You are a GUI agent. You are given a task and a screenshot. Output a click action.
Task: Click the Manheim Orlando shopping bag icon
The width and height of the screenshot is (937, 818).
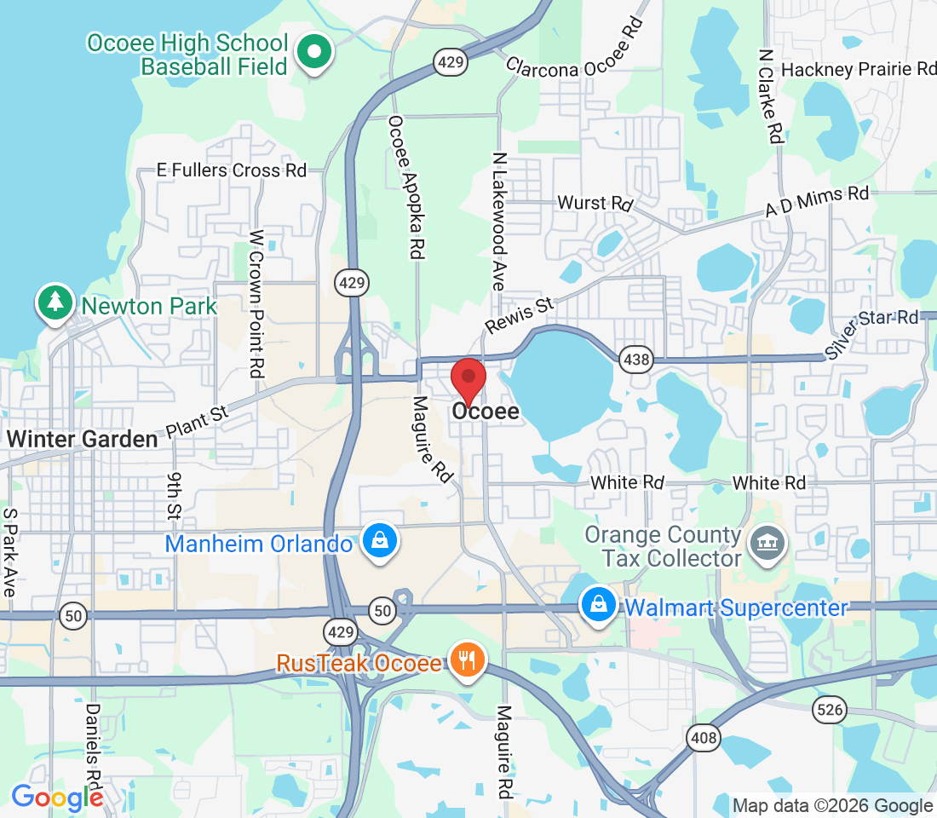(377, 542)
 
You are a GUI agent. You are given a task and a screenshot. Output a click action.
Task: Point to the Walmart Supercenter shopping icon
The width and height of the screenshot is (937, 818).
(599, 606)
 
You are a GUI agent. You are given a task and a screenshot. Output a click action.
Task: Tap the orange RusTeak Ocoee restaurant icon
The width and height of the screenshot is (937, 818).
(466, 661)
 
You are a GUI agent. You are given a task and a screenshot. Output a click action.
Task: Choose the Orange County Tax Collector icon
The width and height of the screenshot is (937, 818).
(766, 544)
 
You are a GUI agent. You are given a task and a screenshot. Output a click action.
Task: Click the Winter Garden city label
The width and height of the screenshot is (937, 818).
(83, 440)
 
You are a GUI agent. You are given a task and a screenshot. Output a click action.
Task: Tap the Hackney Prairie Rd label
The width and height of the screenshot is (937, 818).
(858, 70)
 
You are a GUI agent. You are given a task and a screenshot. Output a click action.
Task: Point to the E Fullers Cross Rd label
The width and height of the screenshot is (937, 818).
(232, 170)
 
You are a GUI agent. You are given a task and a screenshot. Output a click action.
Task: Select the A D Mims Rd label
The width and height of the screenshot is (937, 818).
(817, 204)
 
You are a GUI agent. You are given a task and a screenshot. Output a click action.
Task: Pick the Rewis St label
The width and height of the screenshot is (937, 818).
(519, 315)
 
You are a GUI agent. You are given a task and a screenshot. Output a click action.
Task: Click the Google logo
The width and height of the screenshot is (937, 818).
(57, 798)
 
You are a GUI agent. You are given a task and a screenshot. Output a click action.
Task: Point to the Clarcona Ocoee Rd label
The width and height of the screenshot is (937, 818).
(572, 58)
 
